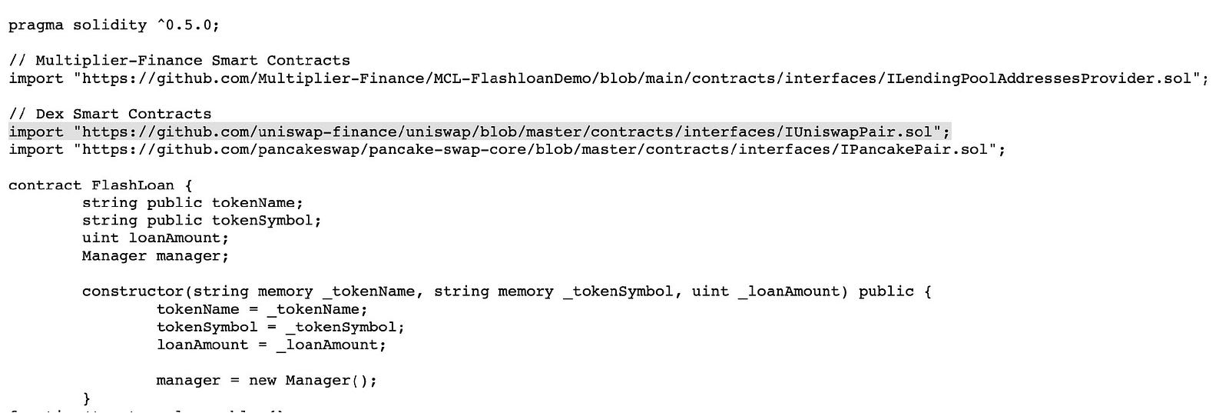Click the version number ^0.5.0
187,25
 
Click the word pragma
36,26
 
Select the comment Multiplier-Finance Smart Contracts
193,61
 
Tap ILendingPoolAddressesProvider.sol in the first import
1039,78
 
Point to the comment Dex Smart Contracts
124,115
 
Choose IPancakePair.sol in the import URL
914,149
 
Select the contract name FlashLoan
133,185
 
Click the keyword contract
45,185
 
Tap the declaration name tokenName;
257,203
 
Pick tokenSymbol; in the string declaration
267,220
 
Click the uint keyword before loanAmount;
101,238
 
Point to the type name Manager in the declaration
114,256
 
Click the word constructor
133,291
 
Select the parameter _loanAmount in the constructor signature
789,291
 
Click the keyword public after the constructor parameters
886,292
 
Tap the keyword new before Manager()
262,381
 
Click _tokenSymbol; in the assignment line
345,328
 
